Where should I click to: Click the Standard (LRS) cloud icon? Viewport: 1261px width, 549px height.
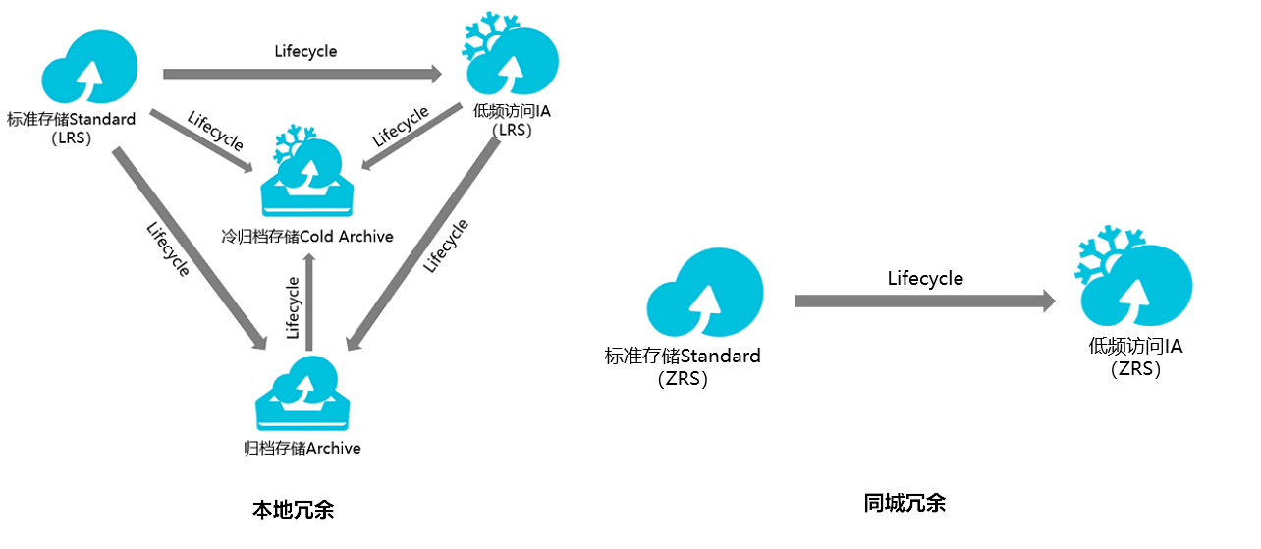[90, 67]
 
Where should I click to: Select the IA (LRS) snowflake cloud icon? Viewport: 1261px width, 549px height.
[511, 56]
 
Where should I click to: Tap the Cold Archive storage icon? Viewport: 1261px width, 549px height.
[307, 172]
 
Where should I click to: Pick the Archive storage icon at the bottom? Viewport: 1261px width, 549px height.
[302, 394]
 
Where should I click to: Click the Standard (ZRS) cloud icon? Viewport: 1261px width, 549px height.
[705, 293]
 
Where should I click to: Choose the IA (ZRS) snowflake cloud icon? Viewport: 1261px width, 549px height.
[1133, 277]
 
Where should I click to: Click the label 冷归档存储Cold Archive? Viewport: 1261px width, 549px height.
[307, 237]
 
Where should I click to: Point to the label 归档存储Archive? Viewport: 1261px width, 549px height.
[302, 448]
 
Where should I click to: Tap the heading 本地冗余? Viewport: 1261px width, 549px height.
[293, 510]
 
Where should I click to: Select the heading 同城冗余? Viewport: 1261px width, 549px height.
[905, 503]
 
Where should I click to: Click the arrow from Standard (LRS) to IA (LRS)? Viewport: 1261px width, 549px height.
[302, 74]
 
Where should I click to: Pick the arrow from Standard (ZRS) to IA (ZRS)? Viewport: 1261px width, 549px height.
[924, 302]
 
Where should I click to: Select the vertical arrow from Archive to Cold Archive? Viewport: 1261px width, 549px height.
[309, 302]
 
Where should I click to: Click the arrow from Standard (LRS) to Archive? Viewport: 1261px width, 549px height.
[190, 248]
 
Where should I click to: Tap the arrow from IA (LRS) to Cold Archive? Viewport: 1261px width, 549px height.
[411, 137]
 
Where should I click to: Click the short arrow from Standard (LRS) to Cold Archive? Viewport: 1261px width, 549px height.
[201, 140]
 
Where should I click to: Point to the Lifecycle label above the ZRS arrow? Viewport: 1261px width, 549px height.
[925, 279]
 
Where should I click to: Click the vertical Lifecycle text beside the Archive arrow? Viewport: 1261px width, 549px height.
[292, 307]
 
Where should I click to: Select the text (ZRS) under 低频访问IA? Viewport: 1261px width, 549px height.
[1135, 369]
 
